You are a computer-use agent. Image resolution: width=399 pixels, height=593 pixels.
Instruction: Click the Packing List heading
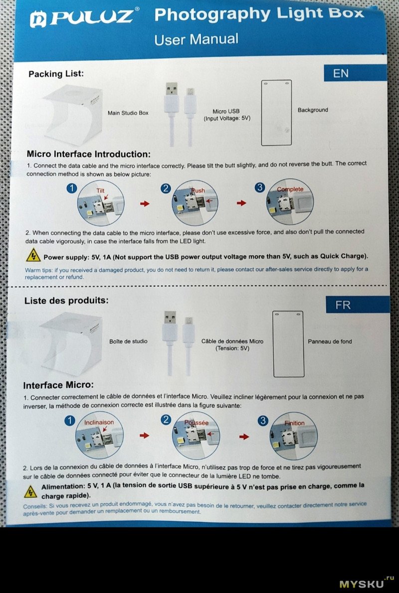[x=56, y=74]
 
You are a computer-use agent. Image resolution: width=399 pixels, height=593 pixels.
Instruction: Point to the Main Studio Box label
[x=128, y=113]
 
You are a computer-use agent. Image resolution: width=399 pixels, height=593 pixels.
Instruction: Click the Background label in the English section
[x=313, y=110]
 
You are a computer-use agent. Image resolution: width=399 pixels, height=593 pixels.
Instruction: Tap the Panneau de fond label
[x=330, y=341]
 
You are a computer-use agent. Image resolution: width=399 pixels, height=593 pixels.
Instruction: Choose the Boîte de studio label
[x=129, y=341]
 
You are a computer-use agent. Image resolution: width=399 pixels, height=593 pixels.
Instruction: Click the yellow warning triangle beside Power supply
[x=33, y=255]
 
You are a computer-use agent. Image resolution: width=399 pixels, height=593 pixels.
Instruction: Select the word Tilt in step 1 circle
[x=100, y=191]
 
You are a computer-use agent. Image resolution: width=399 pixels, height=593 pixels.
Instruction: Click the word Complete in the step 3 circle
[x=290, y=189]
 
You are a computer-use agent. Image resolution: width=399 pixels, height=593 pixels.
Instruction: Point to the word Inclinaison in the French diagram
[x=99, y=422]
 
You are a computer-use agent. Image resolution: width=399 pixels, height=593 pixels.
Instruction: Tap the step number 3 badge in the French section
[x=263, y=421]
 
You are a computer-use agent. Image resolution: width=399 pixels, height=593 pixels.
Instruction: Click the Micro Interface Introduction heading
[x=89, y=154]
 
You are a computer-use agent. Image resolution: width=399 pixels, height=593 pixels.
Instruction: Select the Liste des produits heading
[x=66, y=300]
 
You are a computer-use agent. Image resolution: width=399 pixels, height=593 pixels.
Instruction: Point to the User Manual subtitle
[x=197, y=39]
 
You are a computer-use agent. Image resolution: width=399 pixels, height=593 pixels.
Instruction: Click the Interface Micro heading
[x=58, y=385]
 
